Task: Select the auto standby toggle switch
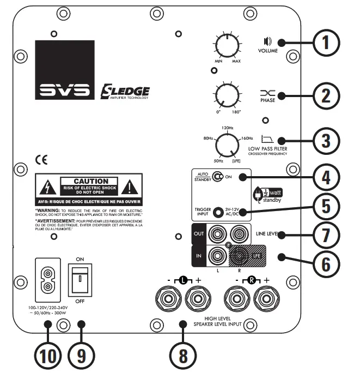(218, 177)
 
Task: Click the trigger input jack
(218, 212)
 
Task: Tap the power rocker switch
(80, 281)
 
